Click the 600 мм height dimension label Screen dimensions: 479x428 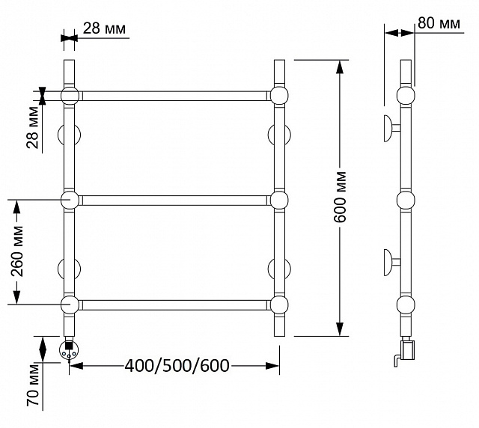tap(340, 198)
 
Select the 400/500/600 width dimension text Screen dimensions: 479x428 tap(177, 366)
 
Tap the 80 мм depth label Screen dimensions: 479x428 tap(439, 23)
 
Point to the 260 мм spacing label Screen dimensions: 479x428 tap(17, 251)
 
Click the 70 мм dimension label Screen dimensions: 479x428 tap(33, 385)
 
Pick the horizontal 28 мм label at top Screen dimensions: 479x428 tap(104, 28)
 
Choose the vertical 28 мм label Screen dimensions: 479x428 tap(33, 127)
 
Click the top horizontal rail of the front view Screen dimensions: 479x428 tap(174, 96)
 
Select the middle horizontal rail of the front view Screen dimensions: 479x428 tap(174, 201)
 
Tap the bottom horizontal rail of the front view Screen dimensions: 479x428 tap(174, 305)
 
